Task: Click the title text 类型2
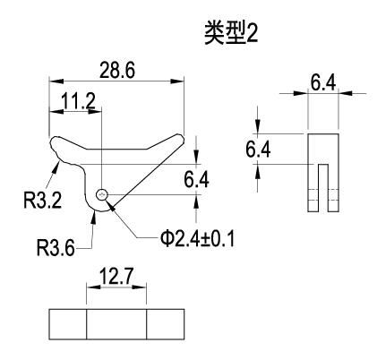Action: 231,33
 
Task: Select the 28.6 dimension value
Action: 117,70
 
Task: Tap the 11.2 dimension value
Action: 79,101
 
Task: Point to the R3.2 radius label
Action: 43,200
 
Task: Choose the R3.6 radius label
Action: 56,247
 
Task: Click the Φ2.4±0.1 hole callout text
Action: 197,238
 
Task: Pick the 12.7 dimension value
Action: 116,277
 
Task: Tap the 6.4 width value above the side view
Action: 323,82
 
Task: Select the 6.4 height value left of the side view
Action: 258,150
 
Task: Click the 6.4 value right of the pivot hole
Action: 196,179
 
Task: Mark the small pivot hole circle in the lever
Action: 102,195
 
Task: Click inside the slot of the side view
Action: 323,187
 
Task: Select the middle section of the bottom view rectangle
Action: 116,324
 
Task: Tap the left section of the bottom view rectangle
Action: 68,324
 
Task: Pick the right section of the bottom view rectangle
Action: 166,324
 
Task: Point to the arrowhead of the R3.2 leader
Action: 56,168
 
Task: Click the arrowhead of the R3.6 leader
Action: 94,217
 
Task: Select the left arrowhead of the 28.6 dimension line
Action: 56,81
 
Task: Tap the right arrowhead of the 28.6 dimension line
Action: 176,81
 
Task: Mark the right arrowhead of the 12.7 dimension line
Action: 139,287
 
